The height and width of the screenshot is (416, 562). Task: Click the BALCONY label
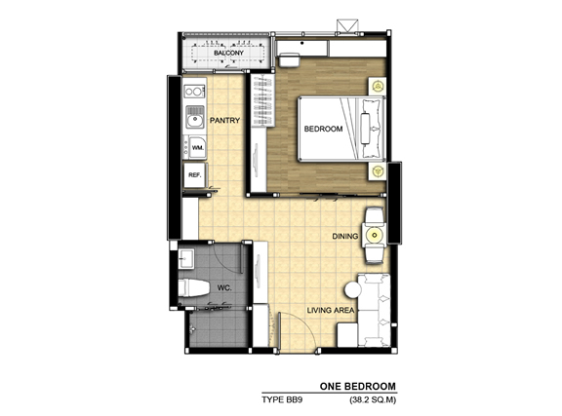pyautogui.click(x=228, y=53)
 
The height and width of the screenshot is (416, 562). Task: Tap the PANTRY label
pyautogui.click(x=224, y=120)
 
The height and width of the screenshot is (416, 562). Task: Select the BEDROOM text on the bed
pyautogui.click(x=323, y=129)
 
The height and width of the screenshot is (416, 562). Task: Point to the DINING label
pyautogui.click(x=345, y=237)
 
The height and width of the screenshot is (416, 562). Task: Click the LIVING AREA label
pyautogui.click(x=331, y=311)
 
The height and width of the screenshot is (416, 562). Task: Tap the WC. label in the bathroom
pyautogui.click(x=224, y=287)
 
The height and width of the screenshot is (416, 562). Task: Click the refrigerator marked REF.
pyautogui.click(x=194, y=175)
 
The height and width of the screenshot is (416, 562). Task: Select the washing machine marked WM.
pyautogui.click(x=195, y=147)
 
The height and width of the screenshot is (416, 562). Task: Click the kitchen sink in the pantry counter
pyautogui.click(x=194, y=117)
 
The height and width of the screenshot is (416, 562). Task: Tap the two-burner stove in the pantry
pyautogui.click(x=194, y=92)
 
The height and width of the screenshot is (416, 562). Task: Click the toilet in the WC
pyautogui.click(x=193, y=288)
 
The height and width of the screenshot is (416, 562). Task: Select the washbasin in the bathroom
pyautogui.click(x=186, y=258)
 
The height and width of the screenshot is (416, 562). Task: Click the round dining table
pyautogui.click(x=375, y=236)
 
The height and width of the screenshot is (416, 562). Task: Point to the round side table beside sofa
pyautogui.click(x=353, y=289)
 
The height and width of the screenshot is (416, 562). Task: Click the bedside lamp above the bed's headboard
pyautogui.click(x=378, y=86)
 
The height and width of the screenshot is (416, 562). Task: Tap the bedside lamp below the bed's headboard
pyautogui.click(x=378, y=171)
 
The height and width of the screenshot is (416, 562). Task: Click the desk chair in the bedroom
pyautogui.click(x=289, y=59)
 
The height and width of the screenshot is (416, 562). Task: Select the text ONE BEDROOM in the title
pyautogui.click(x=358, y=386)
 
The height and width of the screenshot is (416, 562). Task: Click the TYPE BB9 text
pyautogui.click(x=282, y=399)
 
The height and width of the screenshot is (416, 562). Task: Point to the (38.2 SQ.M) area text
pyautogui.click(x=373, y=399)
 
